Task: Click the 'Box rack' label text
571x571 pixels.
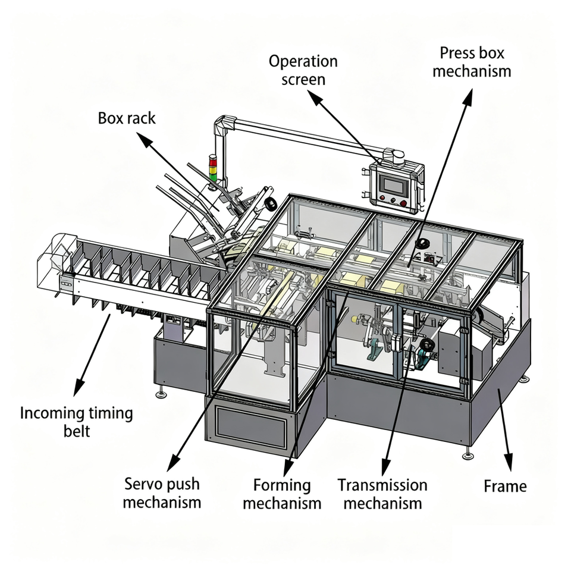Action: pyautogui.click(x=127, y=118)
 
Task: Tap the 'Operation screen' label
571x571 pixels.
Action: pyautogui.click(x=303, y=70)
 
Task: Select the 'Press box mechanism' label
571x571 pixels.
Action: pyautogui.click(x=472, y=62)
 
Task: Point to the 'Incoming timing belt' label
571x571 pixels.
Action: pyautogui.click(x=77, y=422)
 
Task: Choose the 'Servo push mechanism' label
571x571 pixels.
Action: pyautogui.click(x=162, y=493)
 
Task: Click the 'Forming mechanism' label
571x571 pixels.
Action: pyautogui.click(x=282, y=494)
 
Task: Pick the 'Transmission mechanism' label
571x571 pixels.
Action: pyautogui.click(x=382, y=494)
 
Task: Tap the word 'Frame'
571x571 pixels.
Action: pyautogui.click(x=505, y=486)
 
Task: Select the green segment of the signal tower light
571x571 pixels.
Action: pyautogui.click(x=212, y=177)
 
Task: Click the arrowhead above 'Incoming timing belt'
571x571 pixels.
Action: pyautogui.click(x=79, y=387)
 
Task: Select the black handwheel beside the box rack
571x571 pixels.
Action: pyautogui.click(x=271, y=204)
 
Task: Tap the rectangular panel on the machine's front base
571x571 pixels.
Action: pyautogui.click(x=250, y=426)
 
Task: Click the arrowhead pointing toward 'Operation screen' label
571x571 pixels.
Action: pyautogui.click(x=315, y=96)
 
